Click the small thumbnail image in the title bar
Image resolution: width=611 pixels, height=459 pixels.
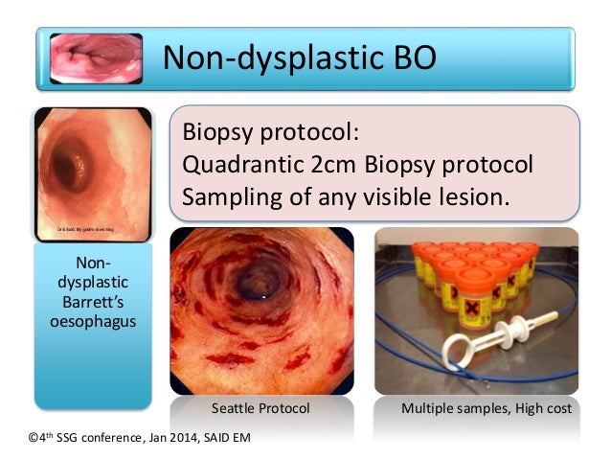[x=95, y=59]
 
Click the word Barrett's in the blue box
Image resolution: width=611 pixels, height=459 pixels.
[x=93, y=302]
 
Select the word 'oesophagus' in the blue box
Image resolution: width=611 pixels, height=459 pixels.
[x=93, y=321]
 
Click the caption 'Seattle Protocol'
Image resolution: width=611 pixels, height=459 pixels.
[x=260, y=408]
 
